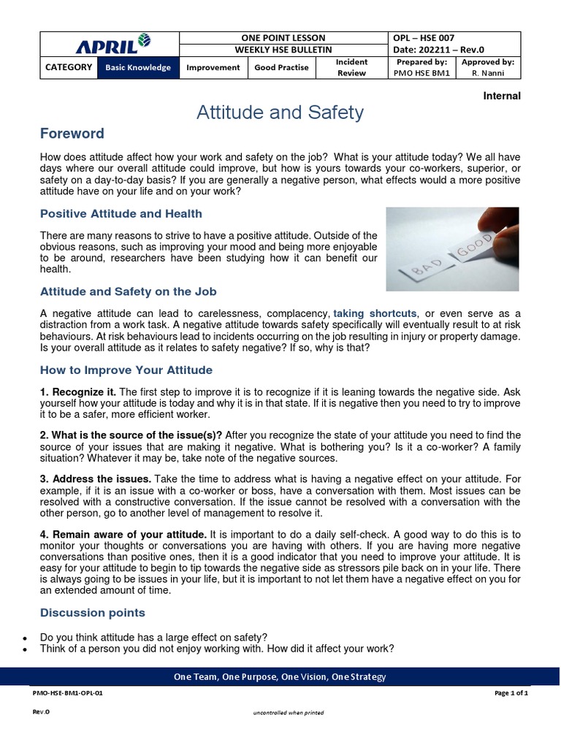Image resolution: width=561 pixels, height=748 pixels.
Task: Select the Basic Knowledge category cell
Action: click(x=137, y=68)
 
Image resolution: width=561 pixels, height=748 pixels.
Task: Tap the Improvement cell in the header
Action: click(x=213, y=68)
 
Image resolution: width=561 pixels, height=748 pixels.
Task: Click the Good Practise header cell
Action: click(x=281, y=68)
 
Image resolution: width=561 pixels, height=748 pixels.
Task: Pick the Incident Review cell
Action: click(x=351, y=68)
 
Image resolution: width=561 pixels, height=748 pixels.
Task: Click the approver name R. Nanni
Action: click(x=488, y=74)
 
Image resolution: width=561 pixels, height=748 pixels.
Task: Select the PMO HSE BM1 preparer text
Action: click(x=421, y=74)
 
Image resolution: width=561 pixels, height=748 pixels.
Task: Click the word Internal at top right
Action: click(x=502, y=96)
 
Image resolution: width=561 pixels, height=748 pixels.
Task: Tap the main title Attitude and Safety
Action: click(x=280, y=112)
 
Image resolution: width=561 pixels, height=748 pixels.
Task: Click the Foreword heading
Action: click(x=72, y=134)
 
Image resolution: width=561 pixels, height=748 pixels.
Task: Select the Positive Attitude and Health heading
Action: click(x=121, y=214)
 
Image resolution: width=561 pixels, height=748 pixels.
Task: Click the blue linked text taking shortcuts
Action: click(x=375, y=313)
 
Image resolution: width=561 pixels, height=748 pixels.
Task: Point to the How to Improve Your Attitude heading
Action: click(x=126, y=370)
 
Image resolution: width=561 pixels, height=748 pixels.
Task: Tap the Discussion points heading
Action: click(x=92, y=613)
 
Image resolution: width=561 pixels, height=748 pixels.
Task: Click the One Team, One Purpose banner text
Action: click(x=280, y=677)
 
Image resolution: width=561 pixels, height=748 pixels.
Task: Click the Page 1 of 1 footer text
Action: click(x=511, y=694)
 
